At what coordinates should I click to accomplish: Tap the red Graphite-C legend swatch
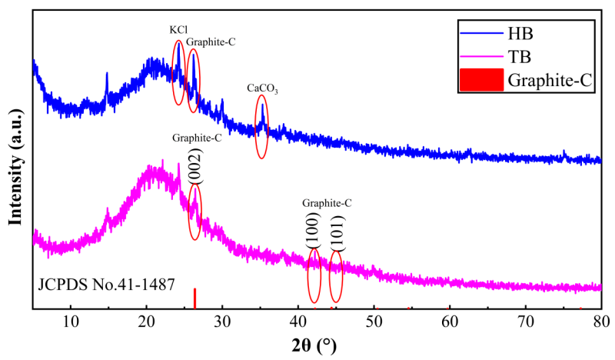pyautogui.click(x=480, y=79)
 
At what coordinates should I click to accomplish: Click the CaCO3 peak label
pyautogui.click(x=262, y=89)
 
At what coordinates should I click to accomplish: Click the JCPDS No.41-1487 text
pyautogui.click(x=106, y=284)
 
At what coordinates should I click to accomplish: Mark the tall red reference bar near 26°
pyautogui.click(x=194, y=298)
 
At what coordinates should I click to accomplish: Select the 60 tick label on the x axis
pyautogui.click(x=450, y=319)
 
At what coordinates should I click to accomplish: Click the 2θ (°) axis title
pyautogui.click(x=317, y=342)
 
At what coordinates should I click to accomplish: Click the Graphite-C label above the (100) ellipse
pyautogui.click(x=327, y=203)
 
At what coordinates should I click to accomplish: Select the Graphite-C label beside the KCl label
pyautogui.click(x=211, y=42)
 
